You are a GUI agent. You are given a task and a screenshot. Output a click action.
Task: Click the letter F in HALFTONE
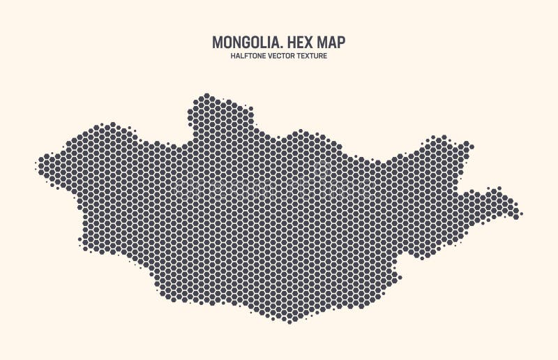coord(246,57)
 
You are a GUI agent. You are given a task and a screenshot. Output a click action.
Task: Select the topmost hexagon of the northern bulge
coord(206,96)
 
